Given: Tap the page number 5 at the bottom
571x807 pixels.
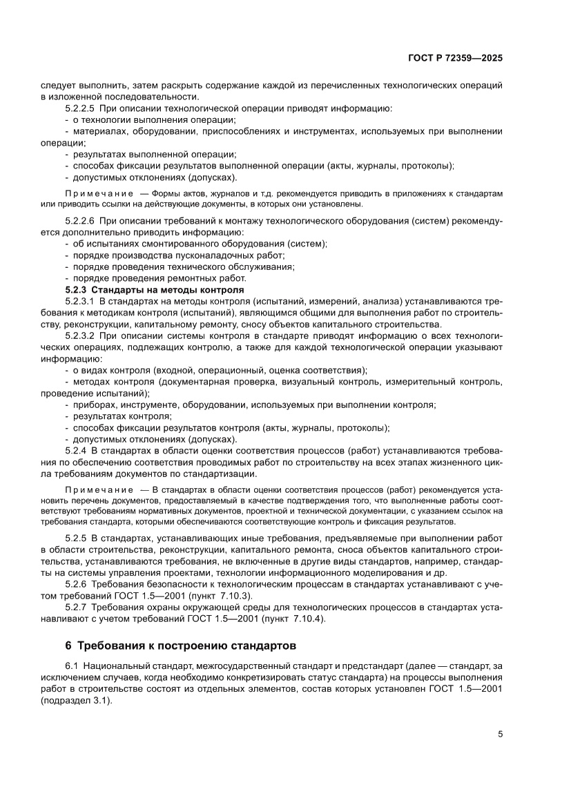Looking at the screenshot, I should pyautogui.click(x=500, y=734).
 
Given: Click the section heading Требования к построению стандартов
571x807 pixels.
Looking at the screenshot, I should pyautogui.click(x=186, y=646).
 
